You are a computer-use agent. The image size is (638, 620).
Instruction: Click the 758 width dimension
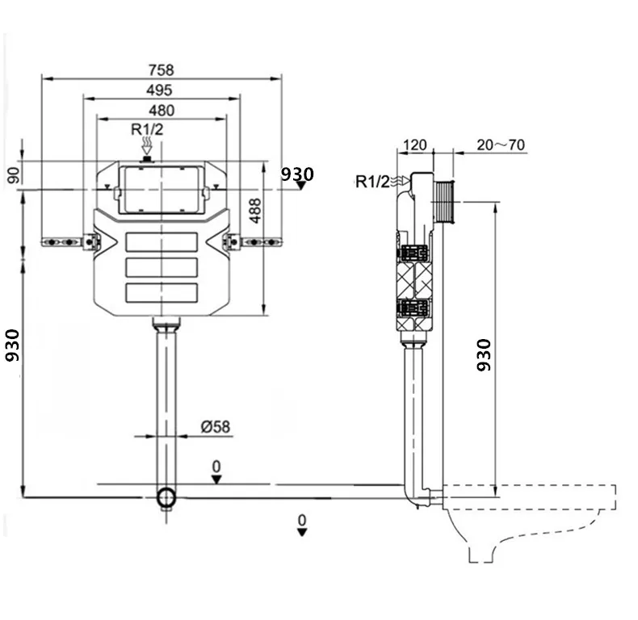tap(162, 71)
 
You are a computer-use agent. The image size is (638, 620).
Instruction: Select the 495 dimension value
tap(162, 90)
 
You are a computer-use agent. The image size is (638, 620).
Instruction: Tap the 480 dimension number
tap(162, 110)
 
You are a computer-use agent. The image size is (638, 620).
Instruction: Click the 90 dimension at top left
tap(14, 174)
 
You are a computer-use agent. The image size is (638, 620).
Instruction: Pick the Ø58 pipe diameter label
tap(216, 425)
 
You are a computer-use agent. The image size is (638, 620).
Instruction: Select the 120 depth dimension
tap(414, 145)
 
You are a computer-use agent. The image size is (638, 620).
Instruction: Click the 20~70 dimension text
tap(501, 145)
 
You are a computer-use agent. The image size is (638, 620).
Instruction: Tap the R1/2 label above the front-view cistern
tap(148, 128)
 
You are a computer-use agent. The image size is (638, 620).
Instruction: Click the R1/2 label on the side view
tap(372, 181)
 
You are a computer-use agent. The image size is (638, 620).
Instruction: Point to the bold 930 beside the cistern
tap(296, 174)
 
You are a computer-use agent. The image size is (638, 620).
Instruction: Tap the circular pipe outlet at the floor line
tap(166, 497)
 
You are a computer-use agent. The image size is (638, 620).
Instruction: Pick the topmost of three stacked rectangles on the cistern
tap(162, 241)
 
